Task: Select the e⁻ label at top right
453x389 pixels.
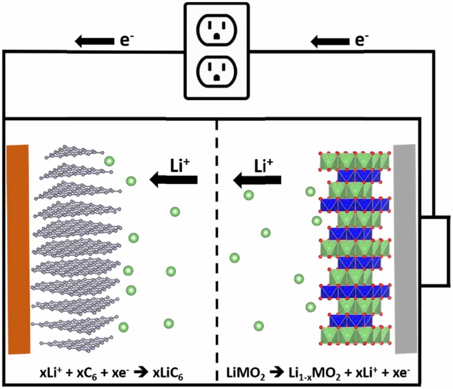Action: [362, 41]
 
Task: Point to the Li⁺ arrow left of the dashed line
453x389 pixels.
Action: [173, 179]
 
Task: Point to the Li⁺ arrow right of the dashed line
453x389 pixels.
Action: [257, 179]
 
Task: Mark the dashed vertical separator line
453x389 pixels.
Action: [217, 248]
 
